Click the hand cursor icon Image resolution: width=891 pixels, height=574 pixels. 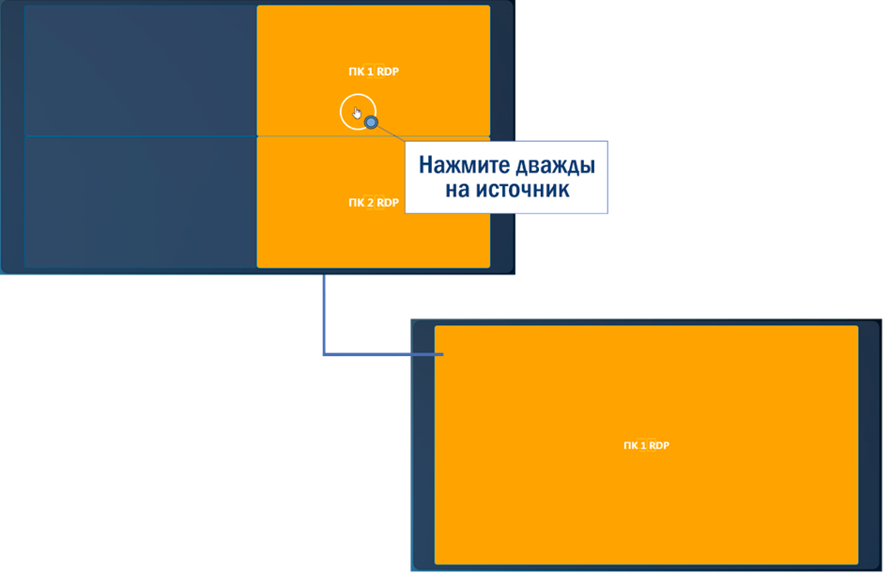pyautogui.click(x=357, y=112)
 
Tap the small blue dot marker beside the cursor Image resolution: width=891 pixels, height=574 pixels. pyautogui.click(x=372, y=122)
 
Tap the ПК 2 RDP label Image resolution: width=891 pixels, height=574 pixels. pyautogui.click(x=374, y=203)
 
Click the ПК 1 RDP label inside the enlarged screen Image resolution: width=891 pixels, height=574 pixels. pyautogui.click(x=646, y=445)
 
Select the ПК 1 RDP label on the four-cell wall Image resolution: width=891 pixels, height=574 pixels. pyautogui.click(x=374, y=71)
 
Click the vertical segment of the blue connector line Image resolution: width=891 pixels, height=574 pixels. pyautogui.click(x=323, y=315)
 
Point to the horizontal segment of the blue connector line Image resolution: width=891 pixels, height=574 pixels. pyautogui.click(x=380, y=354)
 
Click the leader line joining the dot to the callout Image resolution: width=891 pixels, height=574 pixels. pyautogui.click(x=389, y=133)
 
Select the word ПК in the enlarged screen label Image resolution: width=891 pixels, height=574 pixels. pyautogui.click(x=630, y=445)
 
